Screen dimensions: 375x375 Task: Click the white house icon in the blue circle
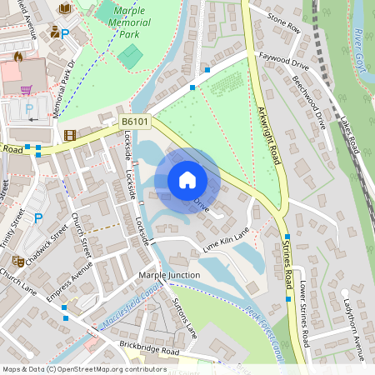point(187,179)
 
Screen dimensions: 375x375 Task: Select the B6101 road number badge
point(135,122)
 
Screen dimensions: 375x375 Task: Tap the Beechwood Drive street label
point(309,102)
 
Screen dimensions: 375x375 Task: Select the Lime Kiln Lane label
point(226,242)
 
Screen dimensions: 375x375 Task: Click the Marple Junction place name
point(169,275)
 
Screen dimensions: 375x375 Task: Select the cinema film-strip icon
point(69,135)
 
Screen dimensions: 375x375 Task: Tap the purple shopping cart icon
point(26,90)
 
